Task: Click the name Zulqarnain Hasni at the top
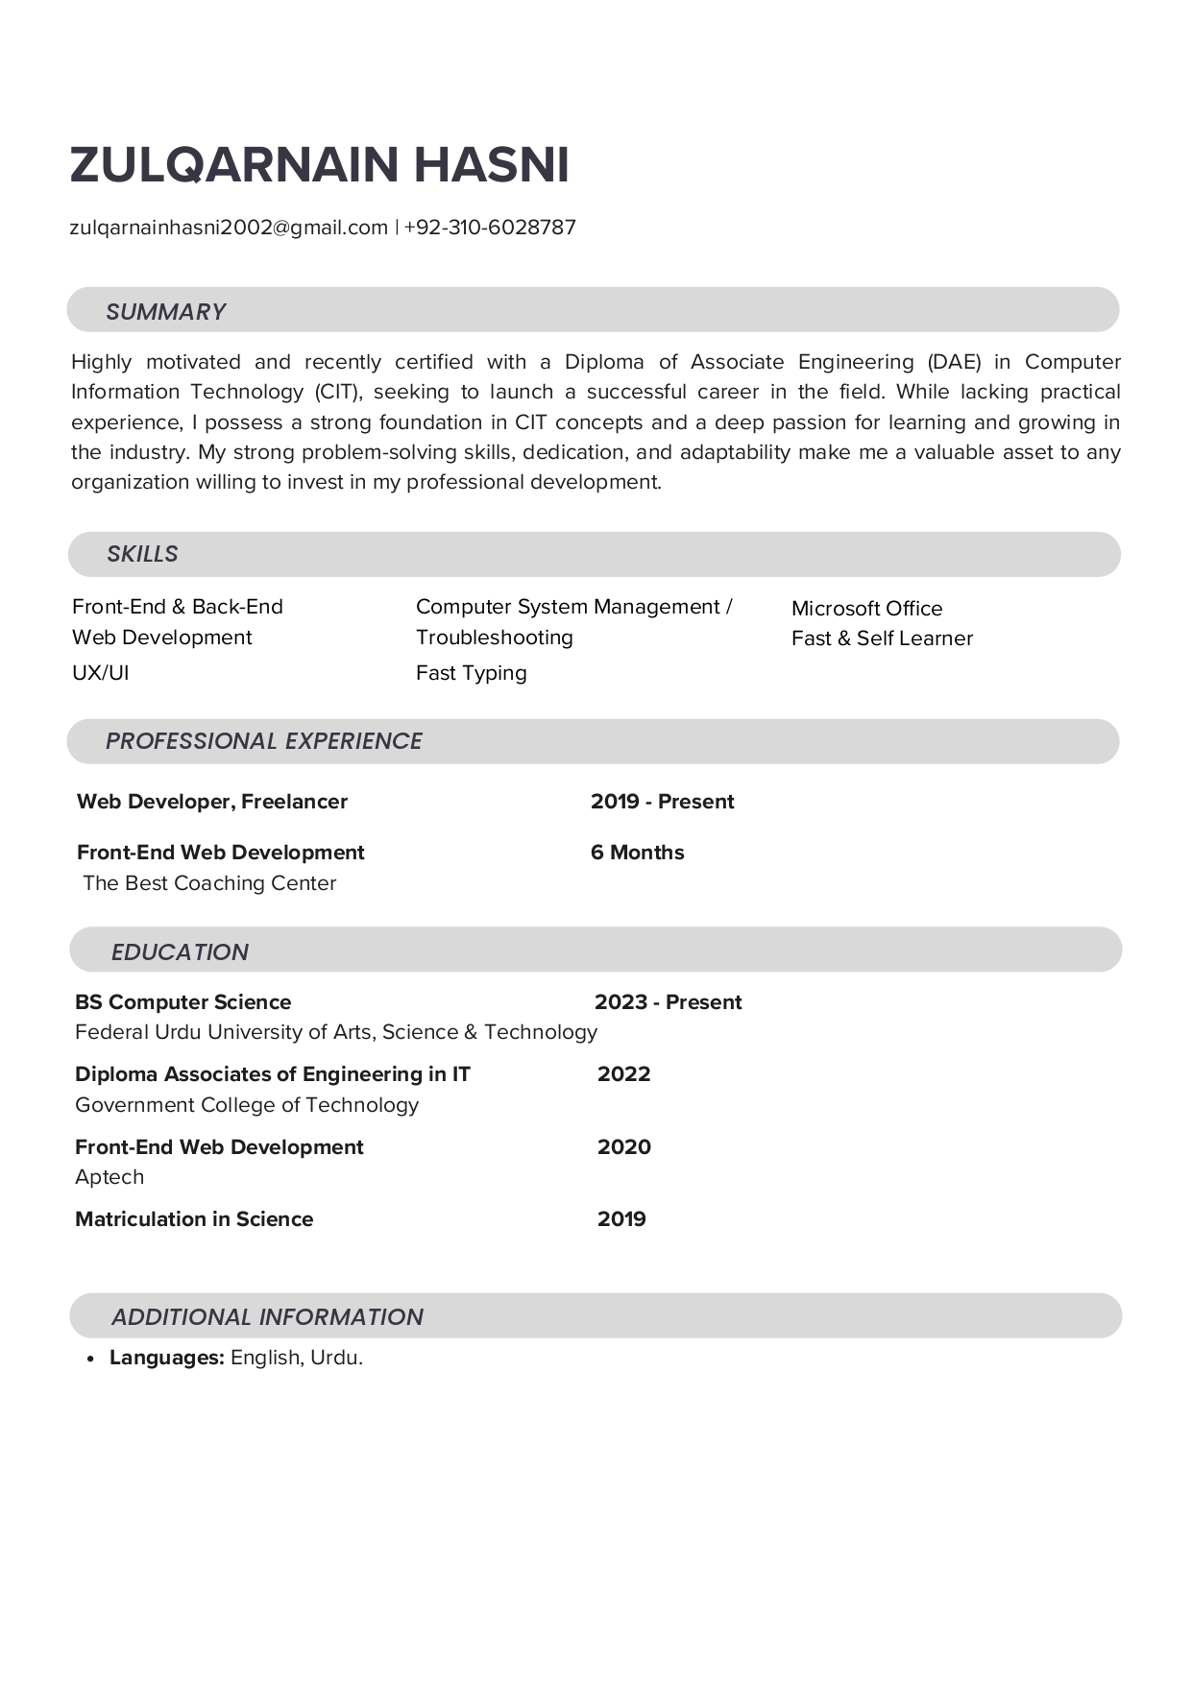(320, 165)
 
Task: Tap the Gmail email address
(229, 228)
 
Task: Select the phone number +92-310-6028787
(490, 228)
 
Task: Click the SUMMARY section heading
(165, 312)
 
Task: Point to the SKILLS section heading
(142, 554)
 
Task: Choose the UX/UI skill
(100, 673)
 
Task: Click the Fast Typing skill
(471, 673)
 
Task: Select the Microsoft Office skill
(866, 609)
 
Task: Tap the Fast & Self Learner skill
(882, 638)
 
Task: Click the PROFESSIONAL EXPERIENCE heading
(263, 741)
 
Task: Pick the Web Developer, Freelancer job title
(212, 802)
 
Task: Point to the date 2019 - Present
(662, 802)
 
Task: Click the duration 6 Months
(637, 853)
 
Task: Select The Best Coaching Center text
(209, 883)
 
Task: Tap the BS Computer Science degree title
(182, 1002)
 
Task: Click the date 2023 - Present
(668, 1002)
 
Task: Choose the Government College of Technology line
(247, 1105)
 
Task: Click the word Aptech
(109, 1177)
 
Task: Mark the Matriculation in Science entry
(194, 1219)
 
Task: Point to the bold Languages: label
(167, 1358)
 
